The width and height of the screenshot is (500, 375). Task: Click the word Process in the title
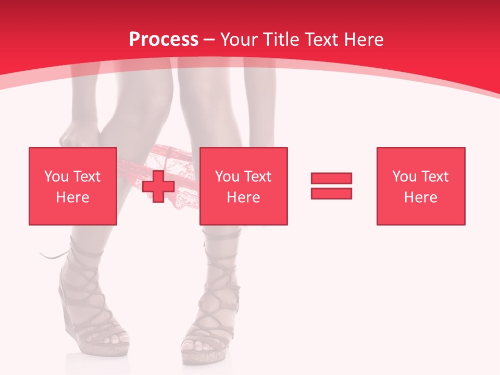point(164,40)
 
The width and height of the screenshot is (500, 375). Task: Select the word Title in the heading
point(281,40)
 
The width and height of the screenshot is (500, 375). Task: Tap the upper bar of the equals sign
point(331,178)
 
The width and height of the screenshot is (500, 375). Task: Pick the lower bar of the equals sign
point(331,193)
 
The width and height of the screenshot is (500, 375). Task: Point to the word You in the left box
point(56,177)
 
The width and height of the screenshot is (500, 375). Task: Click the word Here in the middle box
point(243,197)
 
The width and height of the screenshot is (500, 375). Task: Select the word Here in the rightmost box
point(420,197)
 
